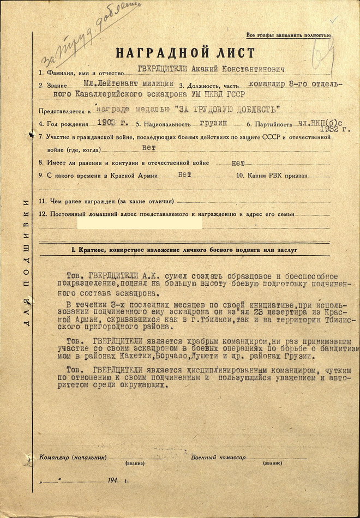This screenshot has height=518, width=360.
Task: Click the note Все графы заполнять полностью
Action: click(288, 35)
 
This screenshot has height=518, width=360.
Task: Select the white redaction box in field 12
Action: click(140, 222)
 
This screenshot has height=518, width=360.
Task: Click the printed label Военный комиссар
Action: click(218, 457)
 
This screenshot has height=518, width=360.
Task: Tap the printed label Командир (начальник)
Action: click(73, 457)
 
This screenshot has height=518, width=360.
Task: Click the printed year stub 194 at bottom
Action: click(113, 480)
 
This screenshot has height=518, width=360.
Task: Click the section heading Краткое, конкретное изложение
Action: click(185, 250)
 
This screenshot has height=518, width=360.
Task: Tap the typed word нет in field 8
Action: click(238, 162)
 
